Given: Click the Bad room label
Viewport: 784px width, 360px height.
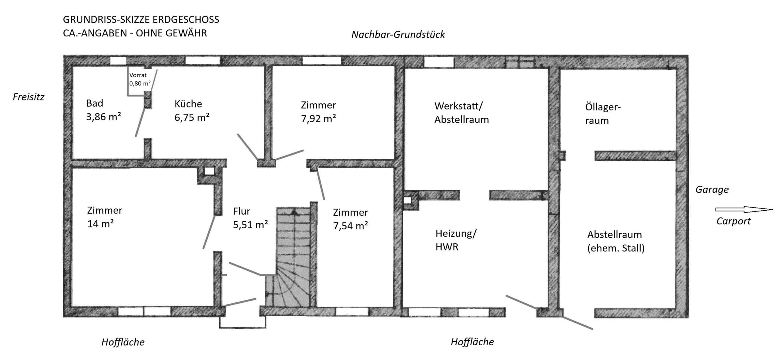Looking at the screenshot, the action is (95, 103).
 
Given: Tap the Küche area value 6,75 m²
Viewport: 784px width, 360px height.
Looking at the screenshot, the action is (192, 117).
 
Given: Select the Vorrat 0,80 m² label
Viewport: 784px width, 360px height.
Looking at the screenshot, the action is (140, 79).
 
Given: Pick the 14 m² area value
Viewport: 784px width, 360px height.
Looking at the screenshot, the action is (100, 224).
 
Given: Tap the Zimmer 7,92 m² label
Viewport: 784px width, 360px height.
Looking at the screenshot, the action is (318, 111).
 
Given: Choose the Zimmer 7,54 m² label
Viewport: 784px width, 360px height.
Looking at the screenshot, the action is (350, 219).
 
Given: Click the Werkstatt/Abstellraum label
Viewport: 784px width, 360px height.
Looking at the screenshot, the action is (462, 113).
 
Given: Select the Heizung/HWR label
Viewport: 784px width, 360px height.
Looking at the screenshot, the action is (456, 240).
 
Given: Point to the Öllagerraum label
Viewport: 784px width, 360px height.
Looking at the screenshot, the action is (603, 114).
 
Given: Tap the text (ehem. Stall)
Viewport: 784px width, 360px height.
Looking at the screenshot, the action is (616, 248).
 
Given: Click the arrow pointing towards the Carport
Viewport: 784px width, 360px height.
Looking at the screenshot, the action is (744, 210).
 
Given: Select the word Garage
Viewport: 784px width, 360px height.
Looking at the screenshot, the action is (712, 189).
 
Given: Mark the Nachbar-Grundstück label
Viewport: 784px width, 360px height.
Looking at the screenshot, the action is (398, 34).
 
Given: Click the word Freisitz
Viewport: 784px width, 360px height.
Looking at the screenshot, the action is (28, 97).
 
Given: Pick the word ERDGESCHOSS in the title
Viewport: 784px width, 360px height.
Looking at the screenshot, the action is (186, 20).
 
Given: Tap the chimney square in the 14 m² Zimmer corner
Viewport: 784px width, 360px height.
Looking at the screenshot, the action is (210, 171).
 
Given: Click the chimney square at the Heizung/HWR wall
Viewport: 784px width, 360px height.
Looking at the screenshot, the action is (408, 201).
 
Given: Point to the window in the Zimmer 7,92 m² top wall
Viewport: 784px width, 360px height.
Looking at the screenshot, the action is (322, 61).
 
